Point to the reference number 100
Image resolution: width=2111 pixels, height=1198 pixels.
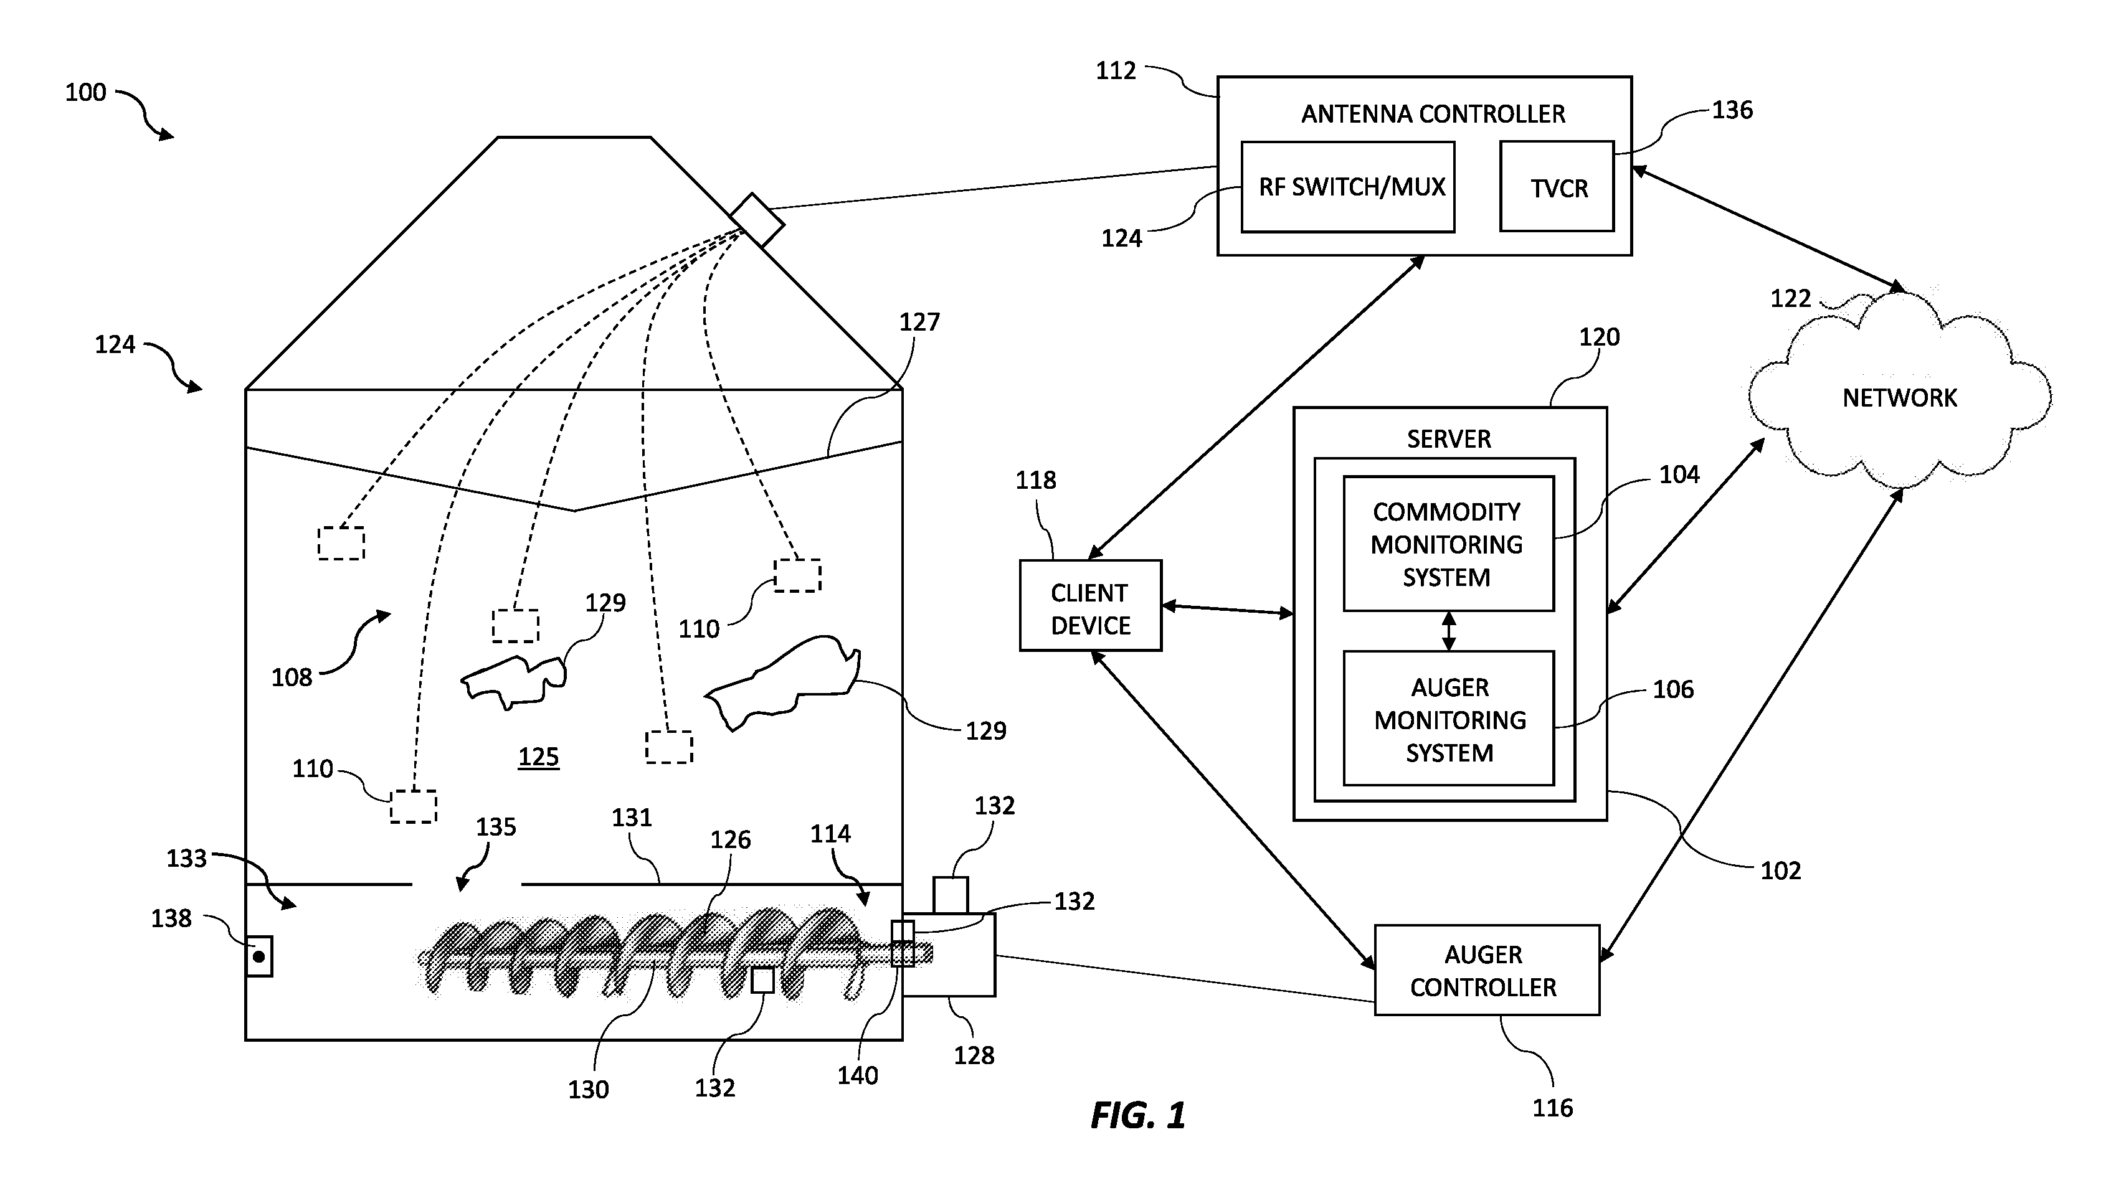pos(85,92)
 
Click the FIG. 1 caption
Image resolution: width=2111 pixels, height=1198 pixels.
pos(1138,1116)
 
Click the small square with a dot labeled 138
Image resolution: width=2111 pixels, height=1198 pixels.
pos(259,956)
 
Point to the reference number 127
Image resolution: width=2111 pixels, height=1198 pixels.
pos(919,322)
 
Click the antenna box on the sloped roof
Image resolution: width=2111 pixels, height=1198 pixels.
pos(756,220)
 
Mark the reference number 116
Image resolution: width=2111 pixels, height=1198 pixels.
pos(1552,1108)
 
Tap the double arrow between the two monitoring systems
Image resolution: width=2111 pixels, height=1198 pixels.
pos(1448,631)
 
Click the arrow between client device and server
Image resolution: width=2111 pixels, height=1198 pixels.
pos(1227,610)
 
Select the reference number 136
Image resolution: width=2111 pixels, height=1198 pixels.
pos(1732,110)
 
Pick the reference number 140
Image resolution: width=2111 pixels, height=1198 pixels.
pos(858,1075)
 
